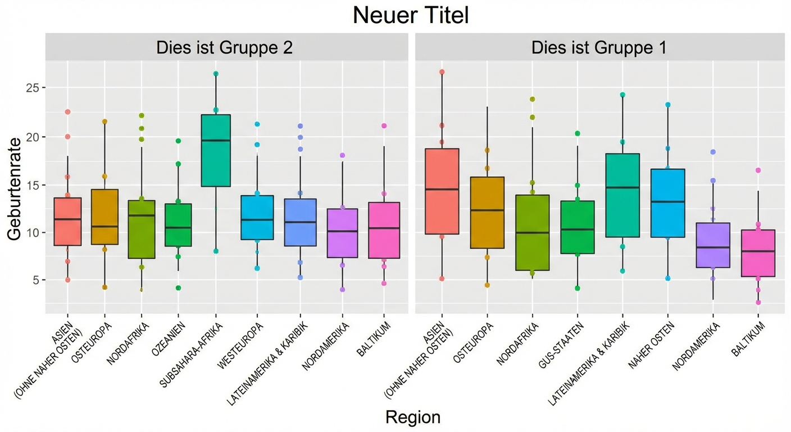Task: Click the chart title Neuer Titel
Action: point(411,16)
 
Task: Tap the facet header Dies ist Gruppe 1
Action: point(599,47)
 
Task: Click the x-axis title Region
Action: point(413,417)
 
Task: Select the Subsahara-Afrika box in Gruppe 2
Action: point(216,150)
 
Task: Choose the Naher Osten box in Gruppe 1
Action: point(667,203)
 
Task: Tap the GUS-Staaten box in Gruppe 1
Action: point(578,227)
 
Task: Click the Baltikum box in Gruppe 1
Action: point(758,253)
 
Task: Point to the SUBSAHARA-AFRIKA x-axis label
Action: point(193,354)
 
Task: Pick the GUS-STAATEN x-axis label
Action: point(561,345)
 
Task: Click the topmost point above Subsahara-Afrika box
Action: point(216,74)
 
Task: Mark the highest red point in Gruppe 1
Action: point(442,72)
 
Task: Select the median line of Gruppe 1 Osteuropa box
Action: point(487,210)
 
